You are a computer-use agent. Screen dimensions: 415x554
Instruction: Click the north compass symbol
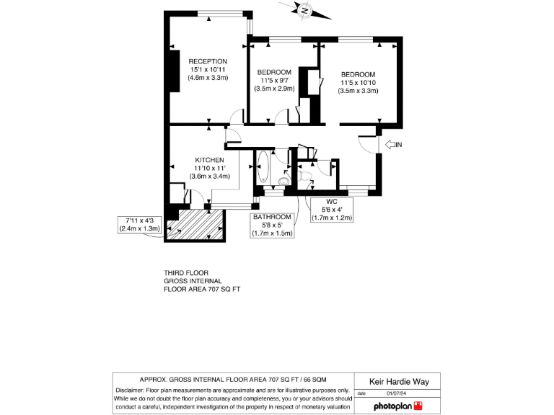305,10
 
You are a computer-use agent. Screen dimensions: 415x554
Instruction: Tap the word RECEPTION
208,61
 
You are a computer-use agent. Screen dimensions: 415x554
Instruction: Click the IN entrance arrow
394,145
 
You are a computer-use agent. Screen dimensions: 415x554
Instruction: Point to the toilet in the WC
306,176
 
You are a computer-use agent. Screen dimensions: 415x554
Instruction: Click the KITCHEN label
209,159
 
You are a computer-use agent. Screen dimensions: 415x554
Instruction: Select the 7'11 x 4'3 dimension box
139,223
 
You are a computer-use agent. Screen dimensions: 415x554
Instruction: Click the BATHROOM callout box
272,225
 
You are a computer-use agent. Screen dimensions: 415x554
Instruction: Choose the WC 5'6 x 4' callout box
332,209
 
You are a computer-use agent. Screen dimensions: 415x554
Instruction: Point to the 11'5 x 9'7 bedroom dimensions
274,80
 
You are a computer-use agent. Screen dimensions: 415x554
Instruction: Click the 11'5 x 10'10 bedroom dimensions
359,83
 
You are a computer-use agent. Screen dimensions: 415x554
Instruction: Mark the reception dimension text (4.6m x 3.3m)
208,77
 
